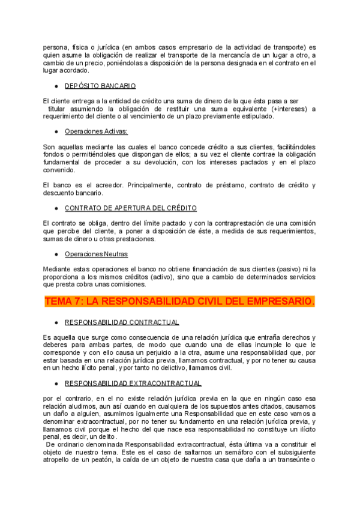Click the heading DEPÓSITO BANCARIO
[100, 86]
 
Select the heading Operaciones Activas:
[96, 131]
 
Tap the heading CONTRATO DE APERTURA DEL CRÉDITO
[131, 208]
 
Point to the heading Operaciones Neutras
[96, 254]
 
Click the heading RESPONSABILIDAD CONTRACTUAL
[122, 322]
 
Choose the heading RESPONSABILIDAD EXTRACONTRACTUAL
[133, 383]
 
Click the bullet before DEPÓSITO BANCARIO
[56, 86]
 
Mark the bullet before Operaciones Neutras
[56, 254]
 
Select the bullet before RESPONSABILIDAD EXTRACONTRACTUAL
[56, 383]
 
